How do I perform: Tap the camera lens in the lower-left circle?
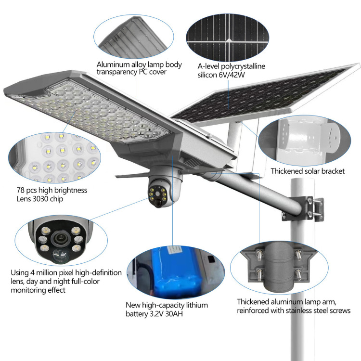coord(60,237)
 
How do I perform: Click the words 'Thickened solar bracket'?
coord(307,171)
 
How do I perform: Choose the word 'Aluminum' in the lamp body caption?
coord(113,64)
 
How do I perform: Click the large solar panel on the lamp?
coord(260,94)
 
